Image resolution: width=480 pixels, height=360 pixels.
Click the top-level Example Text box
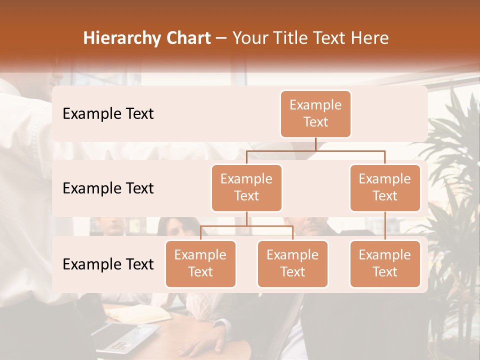315,113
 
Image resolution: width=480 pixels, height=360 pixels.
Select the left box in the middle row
246,187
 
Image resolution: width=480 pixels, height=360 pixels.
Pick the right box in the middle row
384,187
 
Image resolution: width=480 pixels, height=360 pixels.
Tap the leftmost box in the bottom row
200,263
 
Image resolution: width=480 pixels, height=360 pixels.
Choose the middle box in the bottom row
292,263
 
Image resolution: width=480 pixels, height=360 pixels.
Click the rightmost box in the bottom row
384,263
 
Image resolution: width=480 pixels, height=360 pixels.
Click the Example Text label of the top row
108,113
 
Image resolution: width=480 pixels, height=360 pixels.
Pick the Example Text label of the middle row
108,188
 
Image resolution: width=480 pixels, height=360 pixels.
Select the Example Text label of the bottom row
108,263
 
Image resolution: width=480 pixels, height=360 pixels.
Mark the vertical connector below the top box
315,144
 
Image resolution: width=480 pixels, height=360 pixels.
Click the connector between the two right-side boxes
384,226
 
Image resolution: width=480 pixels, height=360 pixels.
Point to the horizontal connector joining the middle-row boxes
315,150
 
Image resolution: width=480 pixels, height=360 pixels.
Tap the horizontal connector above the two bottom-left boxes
246,226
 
